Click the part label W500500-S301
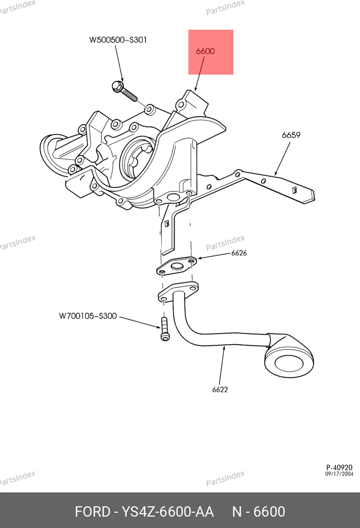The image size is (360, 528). [x=118, y=40]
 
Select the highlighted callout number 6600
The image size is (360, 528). [x=205, y=51]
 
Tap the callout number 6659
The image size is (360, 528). [x=291, y=135]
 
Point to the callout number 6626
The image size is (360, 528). [x=239, y=253]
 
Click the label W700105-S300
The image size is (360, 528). [x=88, y=315]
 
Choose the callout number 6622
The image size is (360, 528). [x=220, y=389]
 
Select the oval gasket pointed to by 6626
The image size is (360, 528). [x=177, y=266]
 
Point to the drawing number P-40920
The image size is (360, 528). [x=339, y=467]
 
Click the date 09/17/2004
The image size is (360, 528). [x=339, y=474]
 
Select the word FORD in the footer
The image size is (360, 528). [x=92, y=511]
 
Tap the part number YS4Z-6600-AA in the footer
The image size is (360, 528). [x=167, y=511]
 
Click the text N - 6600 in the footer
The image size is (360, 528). [x=259, y=511]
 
